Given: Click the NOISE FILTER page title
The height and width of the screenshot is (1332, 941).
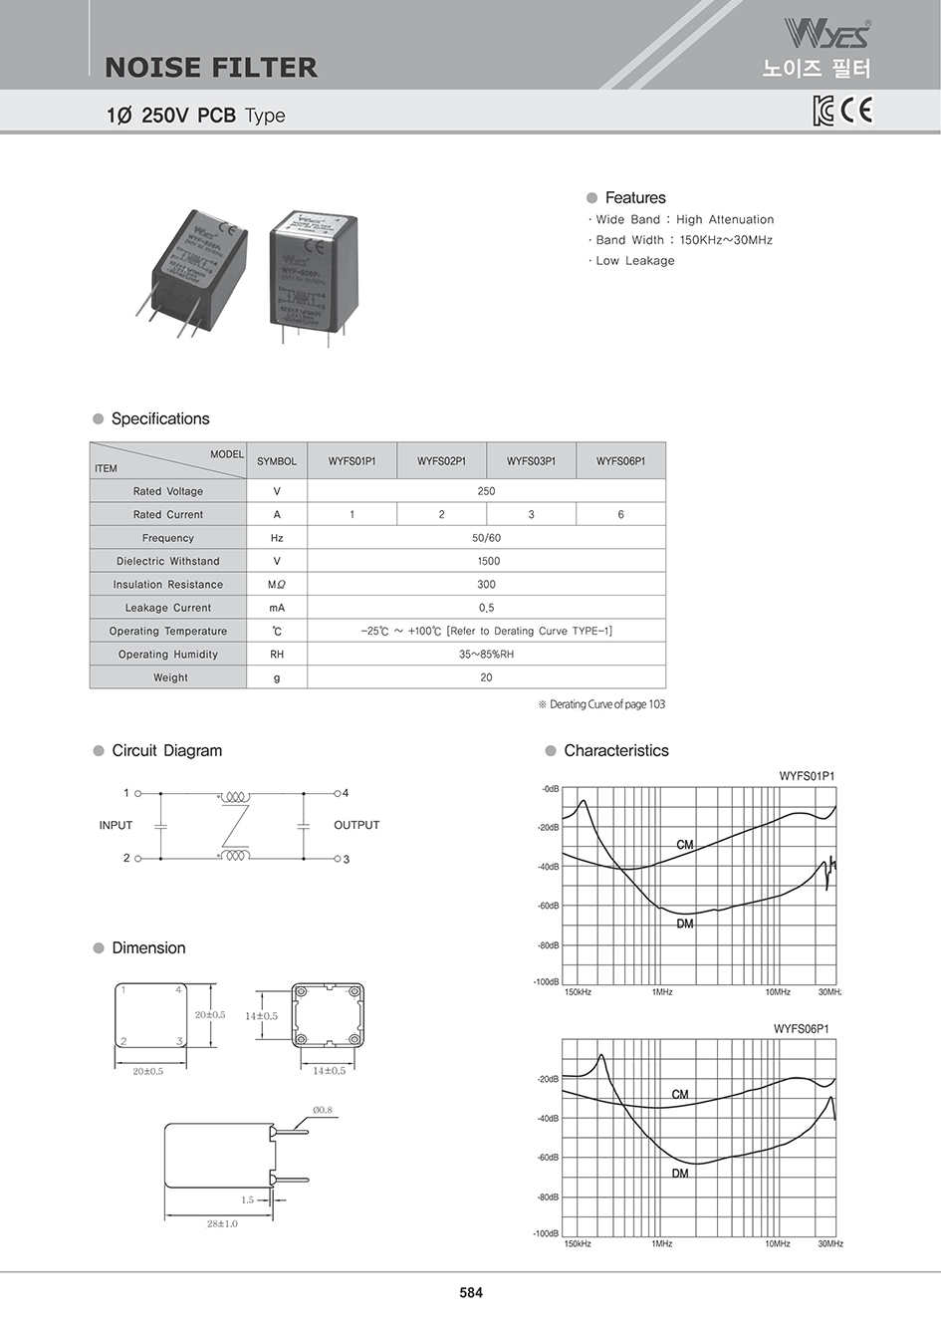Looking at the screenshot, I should click(211, 68).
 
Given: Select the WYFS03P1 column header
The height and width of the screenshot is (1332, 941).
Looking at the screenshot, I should click(531, 461).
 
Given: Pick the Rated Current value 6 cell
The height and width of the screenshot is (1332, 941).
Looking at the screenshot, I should click(620, 515).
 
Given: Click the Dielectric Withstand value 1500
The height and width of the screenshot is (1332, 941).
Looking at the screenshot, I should click(488, 562).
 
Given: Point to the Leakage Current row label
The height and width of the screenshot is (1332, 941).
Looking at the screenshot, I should click(168, 608).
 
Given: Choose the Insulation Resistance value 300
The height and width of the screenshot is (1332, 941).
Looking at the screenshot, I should click(486, 585).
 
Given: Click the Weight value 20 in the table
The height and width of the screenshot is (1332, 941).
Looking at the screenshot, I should click(486, 677).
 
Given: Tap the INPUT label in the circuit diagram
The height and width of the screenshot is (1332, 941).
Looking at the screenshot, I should click(116, 825).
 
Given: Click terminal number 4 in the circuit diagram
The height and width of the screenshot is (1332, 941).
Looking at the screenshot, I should click(346, 793).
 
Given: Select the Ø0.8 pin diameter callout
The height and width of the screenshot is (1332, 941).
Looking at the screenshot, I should click(323, 1110).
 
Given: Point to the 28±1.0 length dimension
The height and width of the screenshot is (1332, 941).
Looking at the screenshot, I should click(222, 1223).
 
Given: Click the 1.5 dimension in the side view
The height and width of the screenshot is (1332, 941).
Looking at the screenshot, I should click(247, 1200).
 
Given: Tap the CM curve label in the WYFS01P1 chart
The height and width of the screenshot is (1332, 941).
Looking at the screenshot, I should click(684, 845).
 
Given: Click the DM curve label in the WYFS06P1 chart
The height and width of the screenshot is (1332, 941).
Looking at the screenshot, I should click(679, 1174).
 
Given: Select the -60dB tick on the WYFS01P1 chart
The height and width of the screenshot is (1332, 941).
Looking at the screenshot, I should click(548, 907).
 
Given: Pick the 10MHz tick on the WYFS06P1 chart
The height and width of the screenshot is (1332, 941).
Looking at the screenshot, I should click(777, 1244).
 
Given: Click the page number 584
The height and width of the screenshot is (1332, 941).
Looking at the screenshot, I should click(471, 1292).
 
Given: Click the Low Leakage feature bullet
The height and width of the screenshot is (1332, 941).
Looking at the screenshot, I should click(634, 261).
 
